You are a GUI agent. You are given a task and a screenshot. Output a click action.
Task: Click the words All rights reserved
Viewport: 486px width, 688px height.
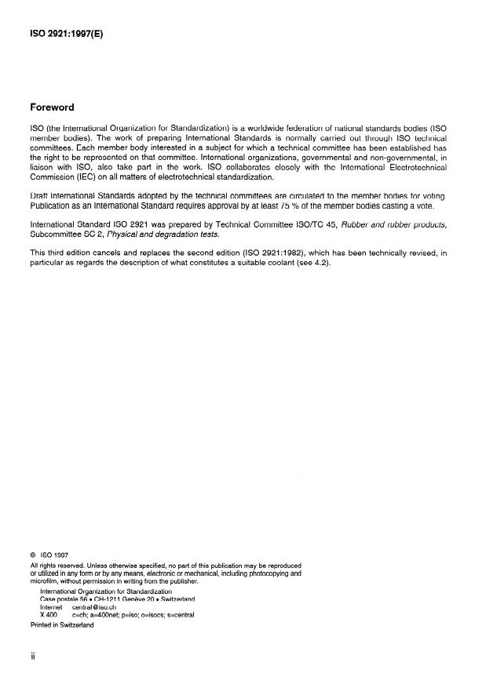[x=54, y=565]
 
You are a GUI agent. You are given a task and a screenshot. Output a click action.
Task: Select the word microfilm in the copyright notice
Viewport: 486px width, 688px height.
[x=44, y=581]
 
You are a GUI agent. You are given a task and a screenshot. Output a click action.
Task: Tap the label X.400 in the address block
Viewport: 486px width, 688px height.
[x=49, y=615]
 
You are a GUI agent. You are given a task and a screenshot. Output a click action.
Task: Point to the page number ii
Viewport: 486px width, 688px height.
[x=31, y=660]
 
